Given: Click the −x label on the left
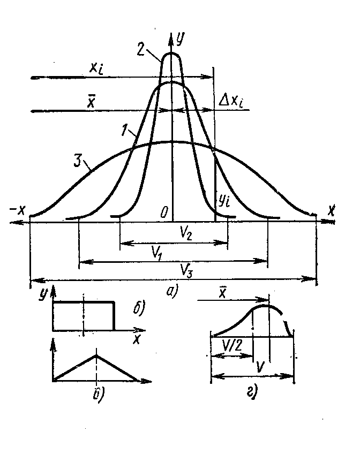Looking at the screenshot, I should (x=22, y=208).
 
